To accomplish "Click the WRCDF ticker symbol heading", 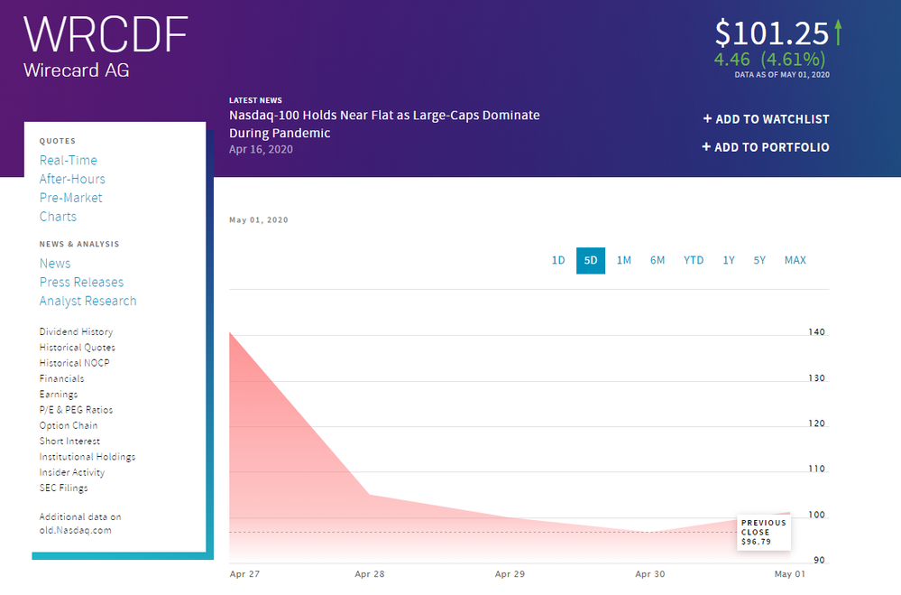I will [106, 34].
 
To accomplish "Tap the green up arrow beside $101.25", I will [838, 33].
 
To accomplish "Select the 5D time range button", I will [591, 261].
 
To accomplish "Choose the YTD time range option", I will [694, 261].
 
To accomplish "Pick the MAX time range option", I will [795, 261].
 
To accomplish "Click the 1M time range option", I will [623, 261].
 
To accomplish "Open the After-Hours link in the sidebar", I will [72, 179].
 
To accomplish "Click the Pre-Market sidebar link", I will [70, 198].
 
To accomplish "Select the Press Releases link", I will [81, 282].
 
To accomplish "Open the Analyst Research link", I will [87, 301].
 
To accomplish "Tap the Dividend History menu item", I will [76, 332].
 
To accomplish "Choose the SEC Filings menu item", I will [63, 488].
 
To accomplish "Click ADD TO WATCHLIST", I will [766, 119].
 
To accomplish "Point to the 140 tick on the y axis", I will [816, 332].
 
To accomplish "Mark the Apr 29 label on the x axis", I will [510, 574].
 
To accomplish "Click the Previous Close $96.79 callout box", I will [763, 533].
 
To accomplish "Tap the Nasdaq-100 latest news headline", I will [384, 124].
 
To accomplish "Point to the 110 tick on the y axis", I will [816, 469].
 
